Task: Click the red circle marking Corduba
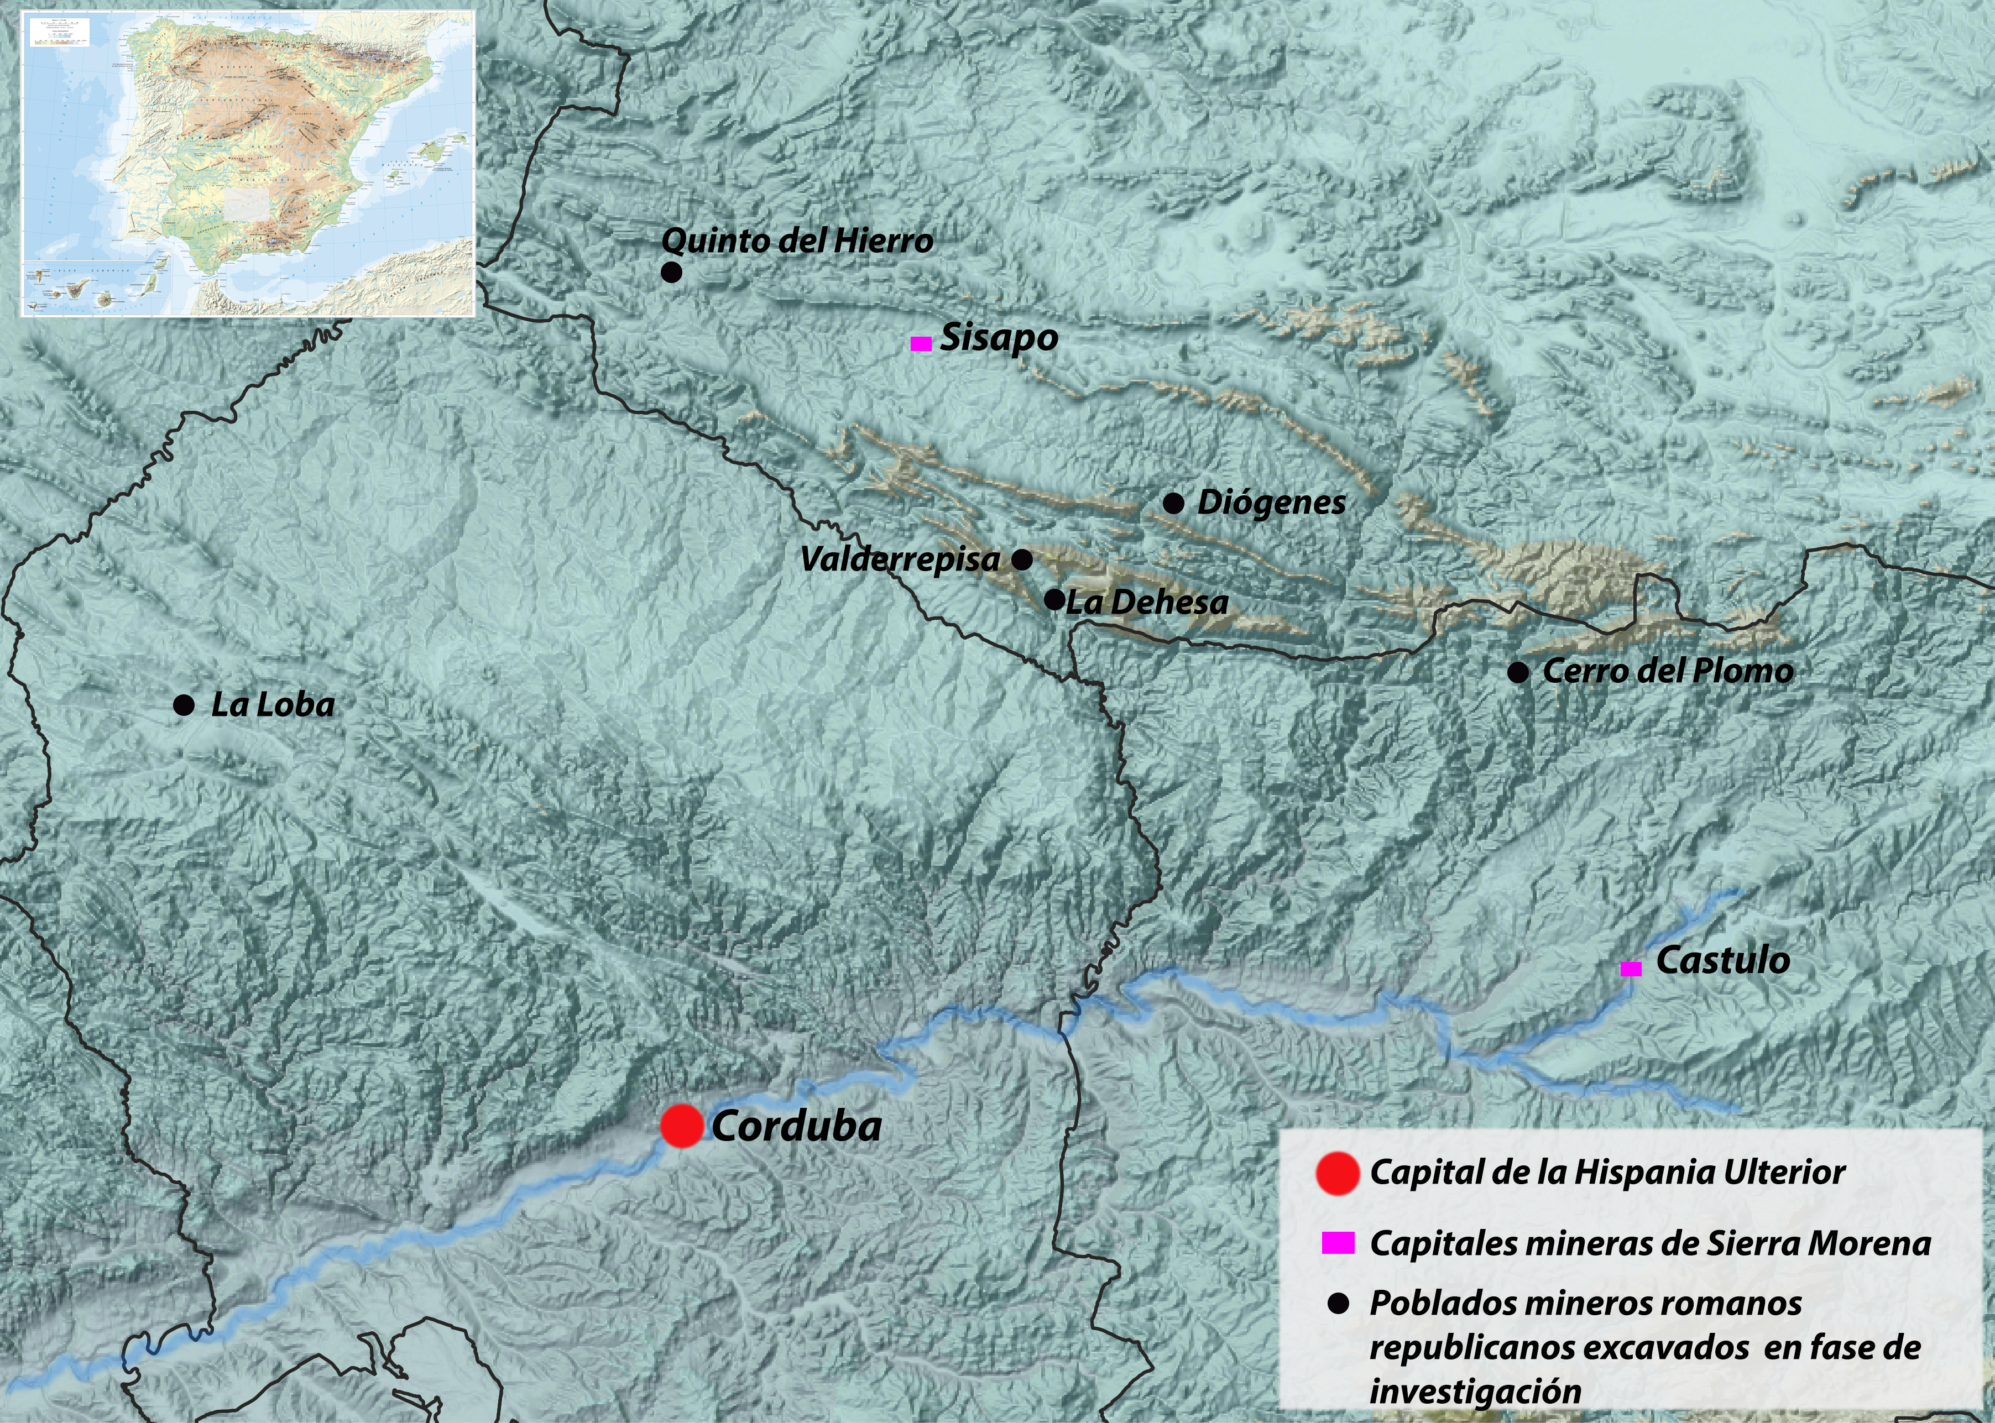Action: tap(682, 1126)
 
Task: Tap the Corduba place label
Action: tap(796, 1127)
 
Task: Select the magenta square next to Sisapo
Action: tap(921, 343)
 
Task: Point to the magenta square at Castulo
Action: tap(1631, 968)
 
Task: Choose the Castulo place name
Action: tap(1722, 960)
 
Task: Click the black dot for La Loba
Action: tap(184, 705)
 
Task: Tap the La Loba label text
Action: tap(273, 704)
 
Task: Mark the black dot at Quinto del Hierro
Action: tap(671, 273)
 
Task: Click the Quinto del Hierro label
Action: tap(797, 241)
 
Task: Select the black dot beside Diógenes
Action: tap(1174, 503)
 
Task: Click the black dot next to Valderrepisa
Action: tap(1022, 560)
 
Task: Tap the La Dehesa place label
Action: tap(1147, 602)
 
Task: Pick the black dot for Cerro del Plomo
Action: tap(1518, 672)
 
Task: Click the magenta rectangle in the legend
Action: tap(1338, 1242)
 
